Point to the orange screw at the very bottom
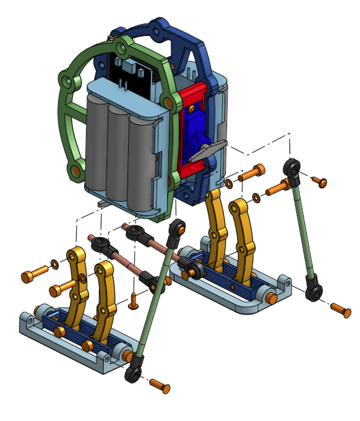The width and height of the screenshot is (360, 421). (160, 387)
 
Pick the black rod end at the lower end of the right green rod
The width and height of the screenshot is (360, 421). (315, 292)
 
